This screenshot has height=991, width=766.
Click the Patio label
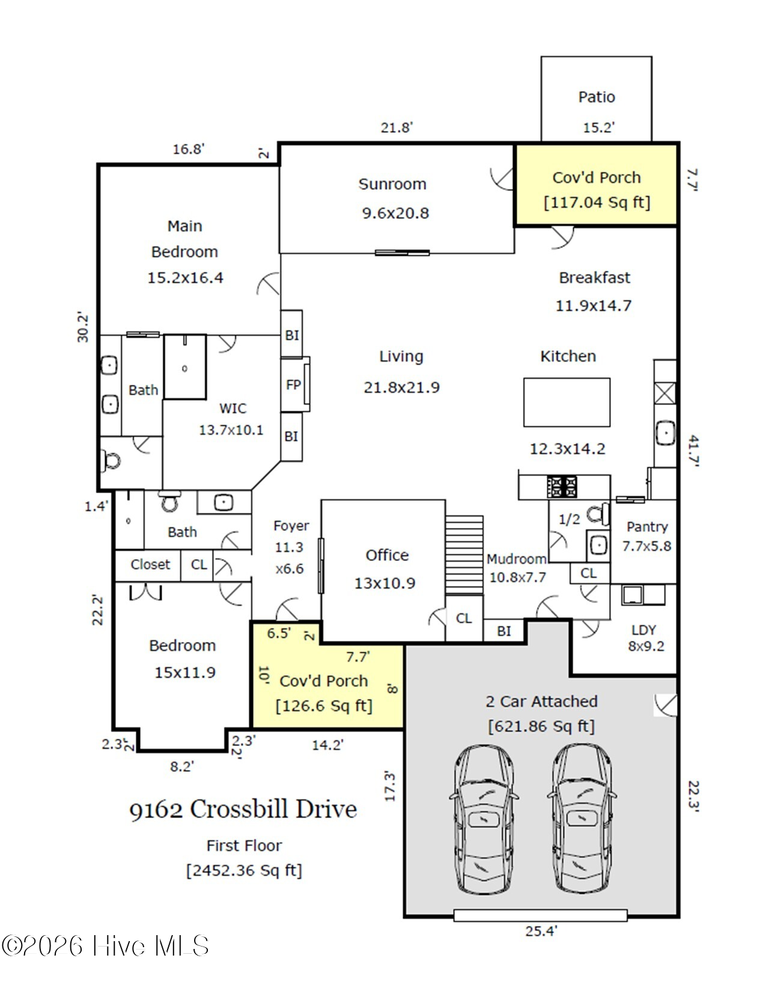pos(597,97)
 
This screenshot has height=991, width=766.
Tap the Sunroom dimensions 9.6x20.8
pos(395,213)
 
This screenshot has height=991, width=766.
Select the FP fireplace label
pos(293,385)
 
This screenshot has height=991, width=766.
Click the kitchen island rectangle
pos(567,402)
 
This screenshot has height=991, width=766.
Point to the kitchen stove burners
pos(562,486)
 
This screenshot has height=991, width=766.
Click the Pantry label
pos(647,527)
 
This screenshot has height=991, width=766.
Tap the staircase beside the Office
pos(464,555)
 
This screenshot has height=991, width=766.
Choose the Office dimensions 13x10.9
pos(385,583)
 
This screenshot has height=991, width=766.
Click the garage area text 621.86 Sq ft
pos(541,726)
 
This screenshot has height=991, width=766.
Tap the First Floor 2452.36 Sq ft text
pos(244,858)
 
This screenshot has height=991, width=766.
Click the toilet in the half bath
pos(598,514)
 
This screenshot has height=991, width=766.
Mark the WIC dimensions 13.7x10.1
pos(231,430)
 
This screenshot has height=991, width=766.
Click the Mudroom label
pos(517,559)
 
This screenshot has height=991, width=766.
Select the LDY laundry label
pos(643,630)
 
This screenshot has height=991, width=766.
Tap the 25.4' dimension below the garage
pos(541,931)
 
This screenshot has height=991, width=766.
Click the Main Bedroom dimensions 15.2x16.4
pos(185,277)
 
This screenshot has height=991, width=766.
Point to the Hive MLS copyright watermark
pos(105,945)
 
